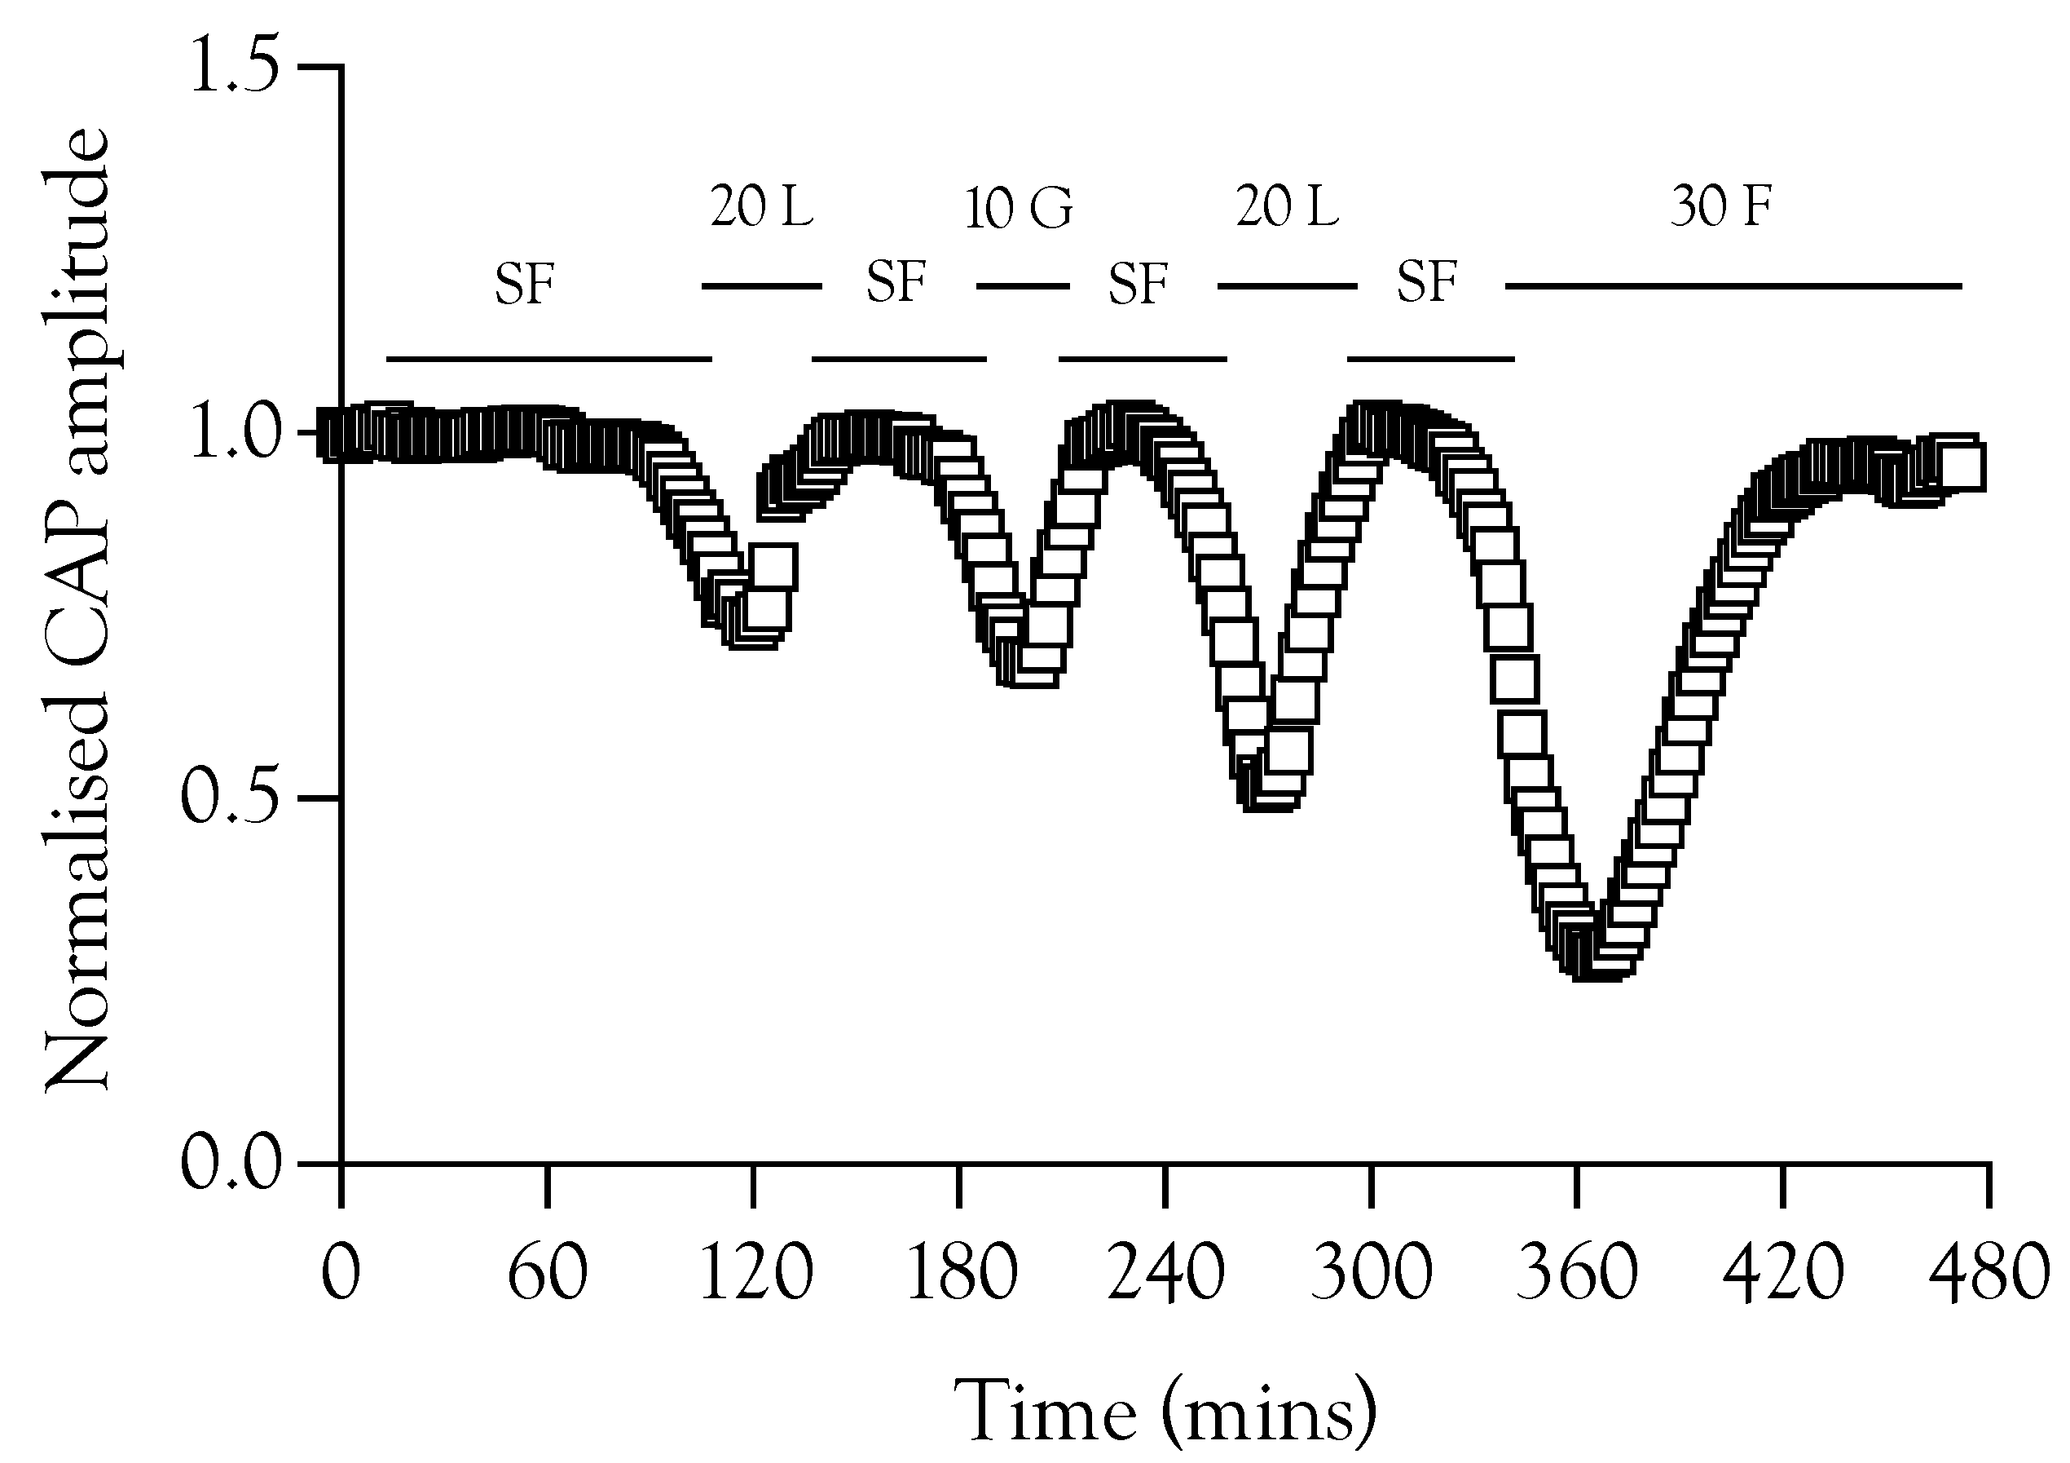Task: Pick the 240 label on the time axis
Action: coord(1165,1275)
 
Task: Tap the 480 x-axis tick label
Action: coord(1987,1275)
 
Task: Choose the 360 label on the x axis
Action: coord(1577,1275)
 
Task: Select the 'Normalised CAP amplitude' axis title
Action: coord(77,610)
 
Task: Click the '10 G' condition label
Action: coord(1019,210)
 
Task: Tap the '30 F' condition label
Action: coord(1721,207)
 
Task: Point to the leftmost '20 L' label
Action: coord(762,207)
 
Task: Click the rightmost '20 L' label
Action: coord(1287,207)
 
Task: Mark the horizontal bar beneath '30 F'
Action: coord(1733,286)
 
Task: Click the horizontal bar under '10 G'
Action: coord(1023,286)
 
